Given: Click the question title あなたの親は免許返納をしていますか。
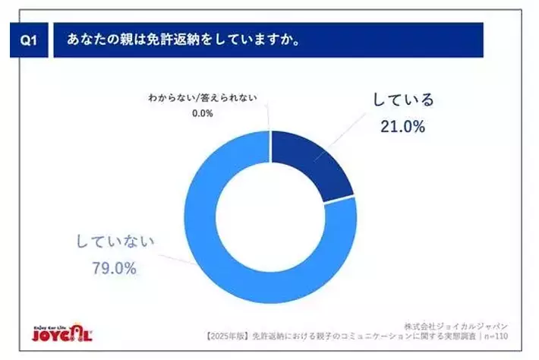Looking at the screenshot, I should (183, 41).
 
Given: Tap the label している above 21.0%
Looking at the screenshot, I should (402, 99).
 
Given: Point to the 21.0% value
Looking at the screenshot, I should (402, 127).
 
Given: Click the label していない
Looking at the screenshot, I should (115, 242).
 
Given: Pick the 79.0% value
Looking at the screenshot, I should (115, 268).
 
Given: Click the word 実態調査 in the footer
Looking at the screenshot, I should (462, 336).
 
